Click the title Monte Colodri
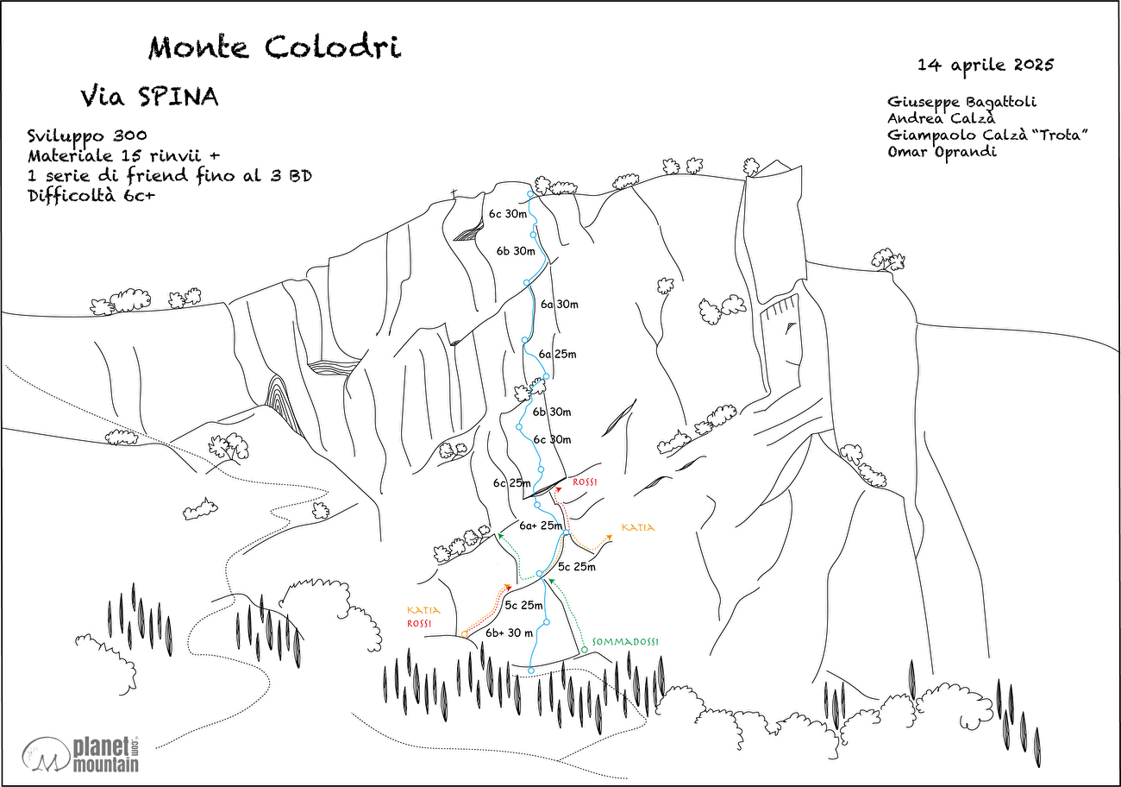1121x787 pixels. (274, 48)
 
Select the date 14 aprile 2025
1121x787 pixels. (986, 65)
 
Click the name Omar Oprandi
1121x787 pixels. (942, 152)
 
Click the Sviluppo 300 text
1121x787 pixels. (86, 135)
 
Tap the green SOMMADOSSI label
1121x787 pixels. (625, 642)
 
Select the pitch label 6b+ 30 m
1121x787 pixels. (509, 633)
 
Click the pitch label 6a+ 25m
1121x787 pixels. (542, 526)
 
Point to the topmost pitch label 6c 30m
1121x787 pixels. (507, 214)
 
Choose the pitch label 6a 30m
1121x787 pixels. (559, 304)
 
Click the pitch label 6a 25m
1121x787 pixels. (557, 354)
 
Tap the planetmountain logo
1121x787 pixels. (86, 753)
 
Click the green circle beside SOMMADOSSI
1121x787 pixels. (584, 649)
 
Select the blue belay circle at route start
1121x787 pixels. (531, 671)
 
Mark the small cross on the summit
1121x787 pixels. (453, 192)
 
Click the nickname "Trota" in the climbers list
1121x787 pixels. (1062, 135)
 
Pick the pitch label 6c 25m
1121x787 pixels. (511, 483)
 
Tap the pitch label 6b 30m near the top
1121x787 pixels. (516, 251)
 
